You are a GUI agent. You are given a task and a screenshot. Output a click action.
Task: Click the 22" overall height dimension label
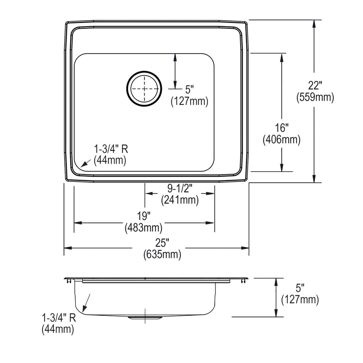(315, 86)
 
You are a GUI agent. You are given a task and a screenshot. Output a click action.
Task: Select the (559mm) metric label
(315, 97)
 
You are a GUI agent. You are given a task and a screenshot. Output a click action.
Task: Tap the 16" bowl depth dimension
(281, 128)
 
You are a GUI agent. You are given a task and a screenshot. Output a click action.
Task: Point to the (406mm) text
(281, 140)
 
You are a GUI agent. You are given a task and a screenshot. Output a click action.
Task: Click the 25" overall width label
(162, 243)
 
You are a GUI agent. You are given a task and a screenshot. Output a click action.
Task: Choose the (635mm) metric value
(162, 255)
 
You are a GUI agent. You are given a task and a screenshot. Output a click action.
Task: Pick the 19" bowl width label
(144, 216)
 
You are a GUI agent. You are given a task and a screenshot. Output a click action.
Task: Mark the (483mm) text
(144, 228)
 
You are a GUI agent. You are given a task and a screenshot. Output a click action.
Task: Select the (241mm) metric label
(180, 200)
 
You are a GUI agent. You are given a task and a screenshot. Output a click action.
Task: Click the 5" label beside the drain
(189, 90)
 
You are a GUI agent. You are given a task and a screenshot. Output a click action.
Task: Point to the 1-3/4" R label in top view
(111, 149)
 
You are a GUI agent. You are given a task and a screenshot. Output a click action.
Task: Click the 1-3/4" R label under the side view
(59, 318)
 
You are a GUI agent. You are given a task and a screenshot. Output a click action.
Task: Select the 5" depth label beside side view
(300, 288)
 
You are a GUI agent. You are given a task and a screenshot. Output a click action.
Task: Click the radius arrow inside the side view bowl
(86, 303)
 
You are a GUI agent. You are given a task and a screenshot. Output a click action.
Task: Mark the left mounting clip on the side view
(68, 281)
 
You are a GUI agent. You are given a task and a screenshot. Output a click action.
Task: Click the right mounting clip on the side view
(243, 281)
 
